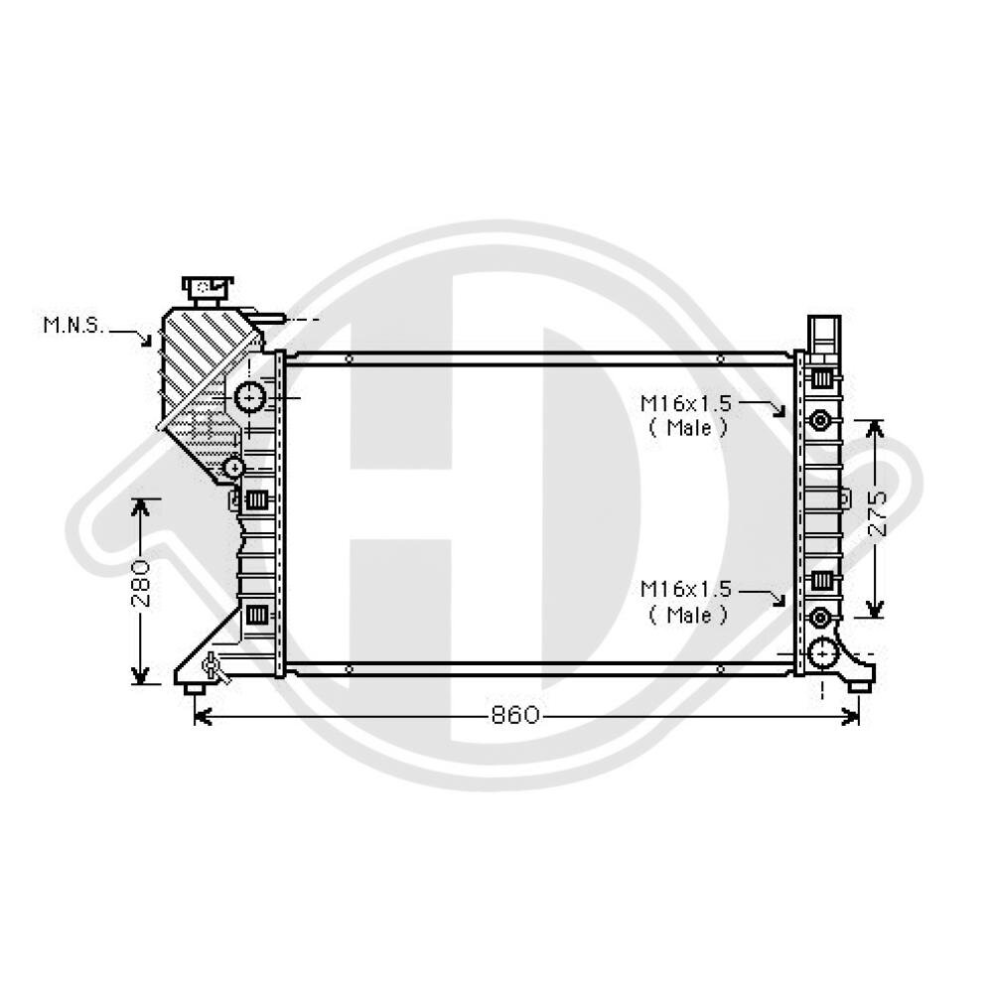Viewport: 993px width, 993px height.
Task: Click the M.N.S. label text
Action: (72, 326)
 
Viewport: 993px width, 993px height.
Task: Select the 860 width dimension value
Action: (514, 715)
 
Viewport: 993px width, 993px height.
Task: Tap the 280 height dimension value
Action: (141, 583)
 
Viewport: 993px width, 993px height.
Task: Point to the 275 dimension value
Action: (877, 514)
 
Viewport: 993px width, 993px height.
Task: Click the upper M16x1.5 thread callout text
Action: (686, 403)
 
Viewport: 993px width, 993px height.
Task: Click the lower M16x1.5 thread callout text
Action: (686, 589)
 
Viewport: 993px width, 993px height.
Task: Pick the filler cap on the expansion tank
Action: (207, 289)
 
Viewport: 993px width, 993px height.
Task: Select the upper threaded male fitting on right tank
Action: (819, 420)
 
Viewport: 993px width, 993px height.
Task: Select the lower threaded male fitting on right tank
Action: (819, 618)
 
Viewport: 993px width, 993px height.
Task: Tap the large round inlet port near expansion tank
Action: (249, 397)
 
